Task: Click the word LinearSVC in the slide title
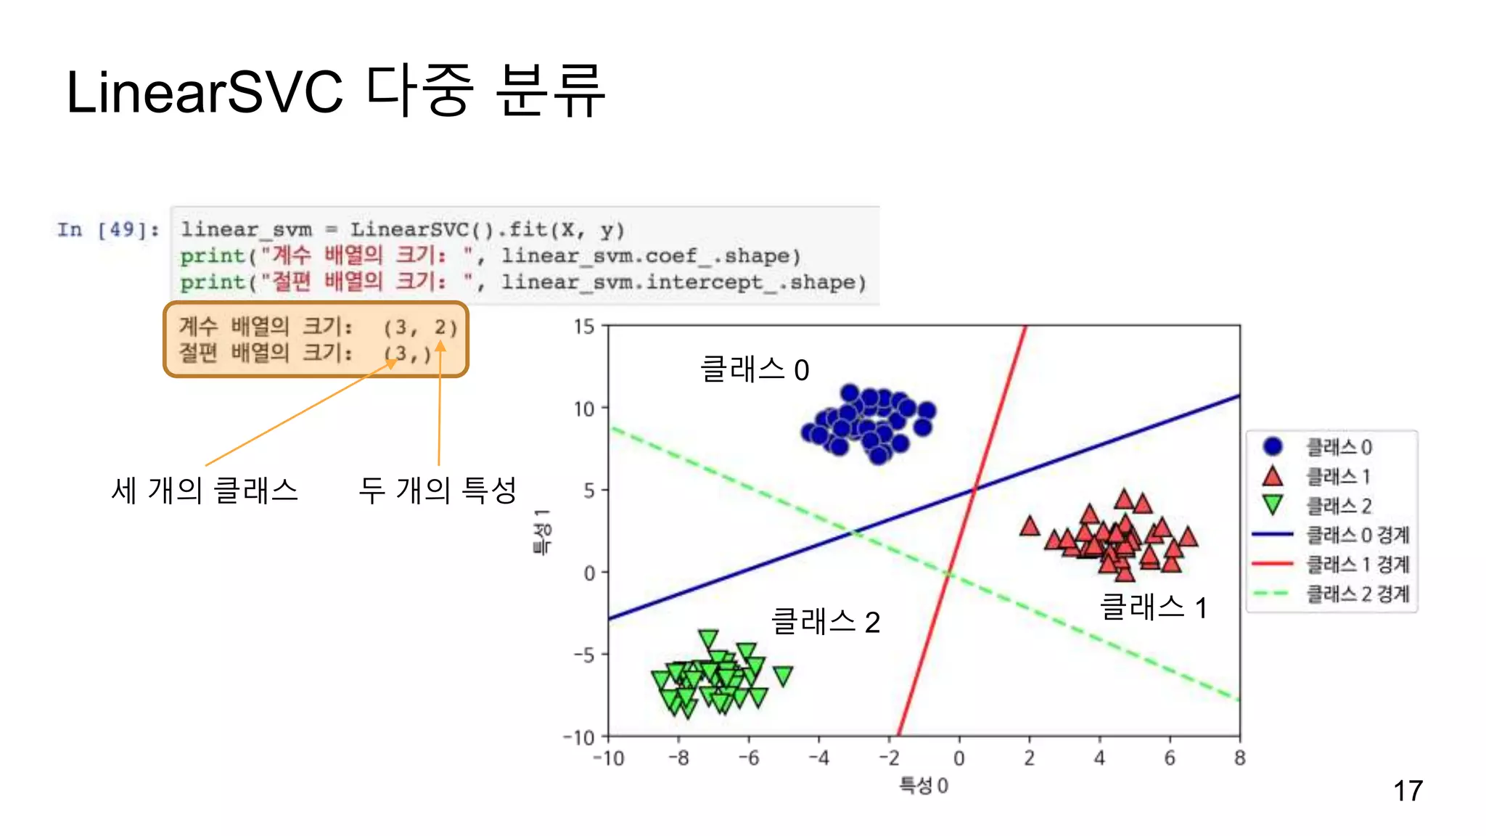tap(204, 93)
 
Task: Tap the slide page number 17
tap(1407, 791)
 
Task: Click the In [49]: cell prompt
tap(107, 230)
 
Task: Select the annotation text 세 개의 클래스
tap(205, 491)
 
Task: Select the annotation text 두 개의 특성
tap(438, 490)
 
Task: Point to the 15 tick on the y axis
tap(584, 327)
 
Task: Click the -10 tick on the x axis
tap(608, 759)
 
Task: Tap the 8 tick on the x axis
tap(1239, 759)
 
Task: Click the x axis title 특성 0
tap(923, 786)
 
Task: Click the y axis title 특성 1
tap(542, 532)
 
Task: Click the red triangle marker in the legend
tap(1273, 477)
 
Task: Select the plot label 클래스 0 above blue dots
tap(755, 370)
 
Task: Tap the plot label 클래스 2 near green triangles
tap(826, 622)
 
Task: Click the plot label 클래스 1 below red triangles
tap(1153, 607)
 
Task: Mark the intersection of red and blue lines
tap(974, 491)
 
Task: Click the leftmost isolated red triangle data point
tap(1030, 526)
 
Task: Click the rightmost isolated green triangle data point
tap(783, 676)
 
